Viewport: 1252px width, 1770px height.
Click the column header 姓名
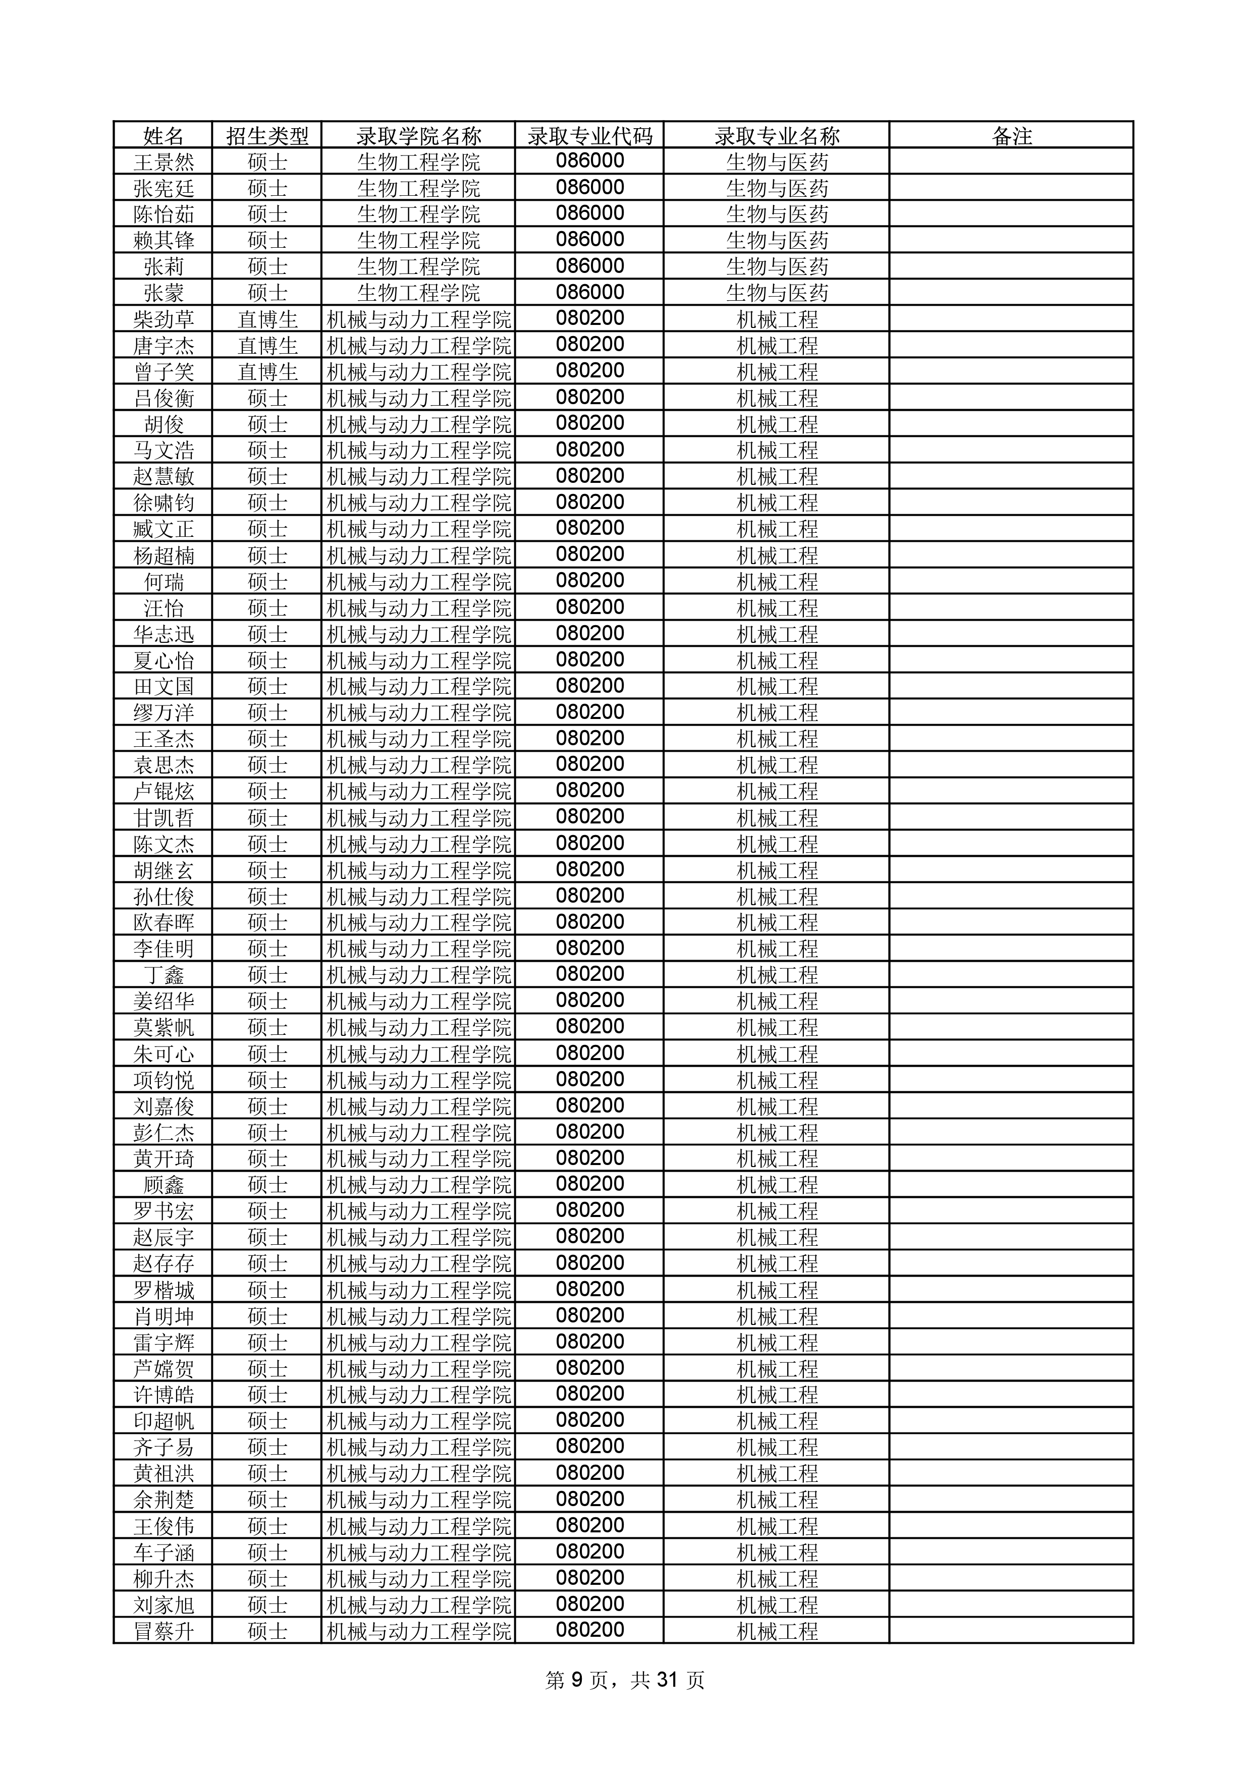point(164,136)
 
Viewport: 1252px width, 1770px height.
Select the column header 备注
point(1011,136)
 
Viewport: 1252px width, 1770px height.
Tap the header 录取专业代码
point(590,136)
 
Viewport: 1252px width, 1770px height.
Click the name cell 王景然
point(164,162)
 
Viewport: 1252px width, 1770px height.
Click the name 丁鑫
point(164,975)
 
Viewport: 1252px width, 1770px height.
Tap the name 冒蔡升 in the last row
point(164,1632)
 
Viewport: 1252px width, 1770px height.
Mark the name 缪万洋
point(164,713)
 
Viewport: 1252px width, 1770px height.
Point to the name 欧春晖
point(164,923)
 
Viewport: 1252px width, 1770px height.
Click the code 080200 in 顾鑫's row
point(590,1184)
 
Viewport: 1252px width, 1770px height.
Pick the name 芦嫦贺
point(164,1369)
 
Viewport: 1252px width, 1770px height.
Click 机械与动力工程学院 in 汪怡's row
point(419,608)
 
